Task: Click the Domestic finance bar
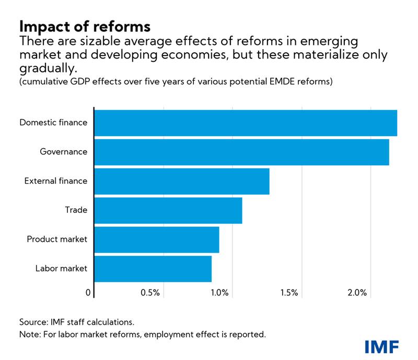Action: [246, 123]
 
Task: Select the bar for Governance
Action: [241, 152]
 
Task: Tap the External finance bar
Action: [182, 181]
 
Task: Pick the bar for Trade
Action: [168, 210]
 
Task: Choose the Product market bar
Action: [157, 240]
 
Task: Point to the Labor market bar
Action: [153, 269]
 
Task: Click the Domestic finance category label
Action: [53, 123]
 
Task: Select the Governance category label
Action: [63, 152]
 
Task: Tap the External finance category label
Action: [56, 181]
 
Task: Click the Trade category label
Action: [76, 210]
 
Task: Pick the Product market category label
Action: [57, 240]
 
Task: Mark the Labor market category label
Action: [61, 269]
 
